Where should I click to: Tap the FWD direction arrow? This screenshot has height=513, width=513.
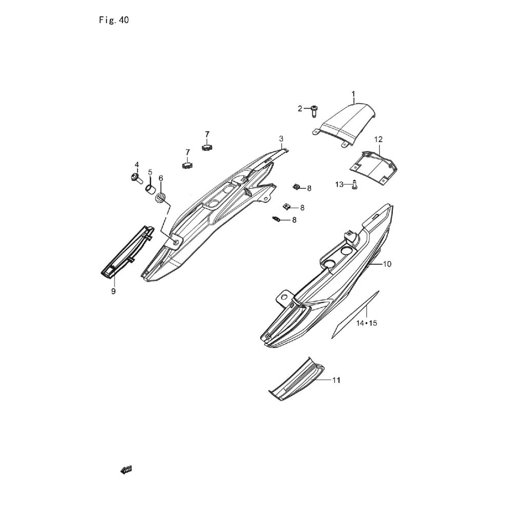(x=126, y=469)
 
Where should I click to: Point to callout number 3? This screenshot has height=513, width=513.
(x=281, y=139)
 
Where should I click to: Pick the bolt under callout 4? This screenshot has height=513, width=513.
(x=136, y=178)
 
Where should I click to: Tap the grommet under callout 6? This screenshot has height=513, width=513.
(x=162, y=198)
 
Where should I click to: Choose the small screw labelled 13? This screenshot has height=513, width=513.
(x=354, y=185)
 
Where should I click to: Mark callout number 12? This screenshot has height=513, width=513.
(x=378, y=140)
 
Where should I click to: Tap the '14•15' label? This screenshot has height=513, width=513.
(x=367, y=323)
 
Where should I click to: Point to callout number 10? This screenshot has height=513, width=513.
(x=387, y=264)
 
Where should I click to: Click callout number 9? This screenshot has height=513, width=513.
(x=113, y=291)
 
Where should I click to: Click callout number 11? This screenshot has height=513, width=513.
(x=337, y=380)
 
